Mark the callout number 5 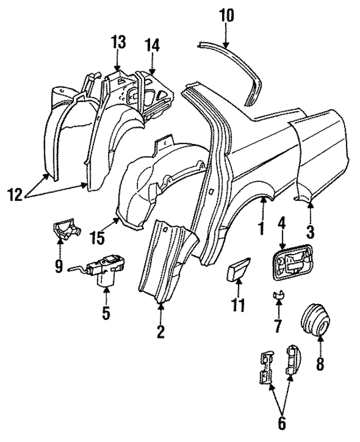point(106,312)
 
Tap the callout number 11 point(238,306)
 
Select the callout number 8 point(319,364)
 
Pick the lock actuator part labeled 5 point(106,269)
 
